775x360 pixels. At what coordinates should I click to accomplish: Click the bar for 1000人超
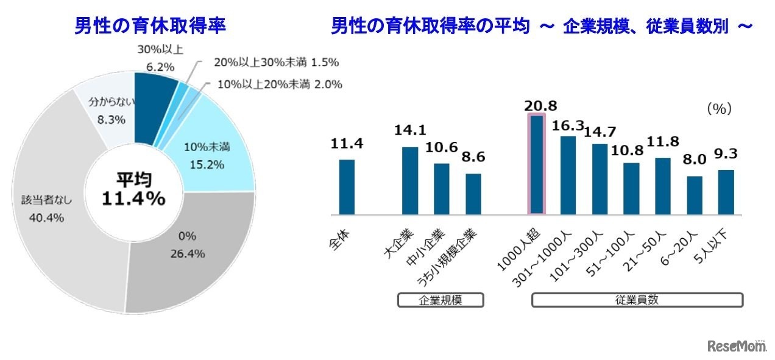tap(537, 164)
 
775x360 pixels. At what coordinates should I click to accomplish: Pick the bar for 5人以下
tap(726, 192)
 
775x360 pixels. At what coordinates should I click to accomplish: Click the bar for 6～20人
tap(694, 195)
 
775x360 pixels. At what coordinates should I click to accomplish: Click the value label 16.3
tap(567, 126)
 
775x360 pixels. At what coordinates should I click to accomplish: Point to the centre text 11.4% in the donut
tap(133, 199)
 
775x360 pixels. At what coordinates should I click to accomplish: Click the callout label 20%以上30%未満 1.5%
tap(276, 62)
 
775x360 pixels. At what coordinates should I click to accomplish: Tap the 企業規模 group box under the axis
tap(441, 300)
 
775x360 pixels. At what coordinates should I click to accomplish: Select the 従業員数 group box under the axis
tap(637, 300)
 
